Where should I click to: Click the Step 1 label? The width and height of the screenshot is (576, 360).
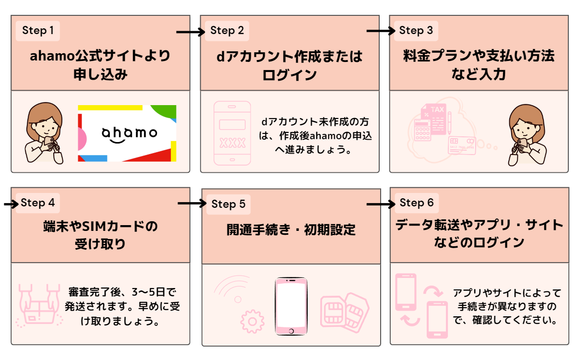click(38, 31)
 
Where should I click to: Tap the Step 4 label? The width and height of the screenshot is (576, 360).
click(38, 203)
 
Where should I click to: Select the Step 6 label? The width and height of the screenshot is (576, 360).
click(416, 203)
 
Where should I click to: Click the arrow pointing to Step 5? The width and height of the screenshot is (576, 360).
click(192, 204)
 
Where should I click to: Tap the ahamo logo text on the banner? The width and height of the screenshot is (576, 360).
click(129, 133)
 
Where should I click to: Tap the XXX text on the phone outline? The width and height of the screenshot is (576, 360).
click(232, 143)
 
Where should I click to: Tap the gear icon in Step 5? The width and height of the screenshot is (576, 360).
click(252, 321)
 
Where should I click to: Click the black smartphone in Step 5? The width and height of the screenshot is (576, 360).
click(291, 307)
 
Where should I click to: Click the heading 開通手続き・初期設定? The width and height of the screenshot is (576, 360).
click(291, 229)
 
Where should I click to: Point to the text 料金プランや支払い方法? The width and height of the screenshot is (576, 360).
click(479, 56)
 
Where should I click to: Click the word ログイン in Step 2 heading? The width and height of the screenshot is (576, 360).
click(289, 75)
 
